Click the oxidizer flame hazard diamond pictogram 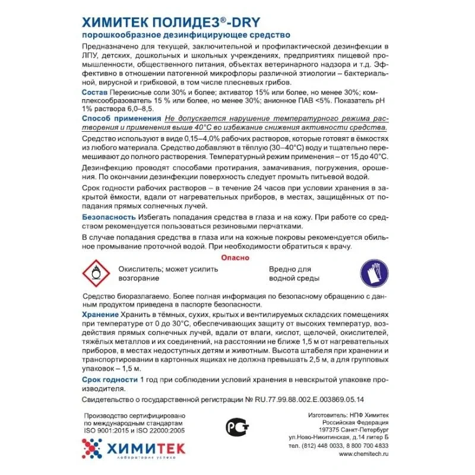(x=95, y=273)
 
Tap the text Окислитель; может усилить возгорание (x=168, y=273)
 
